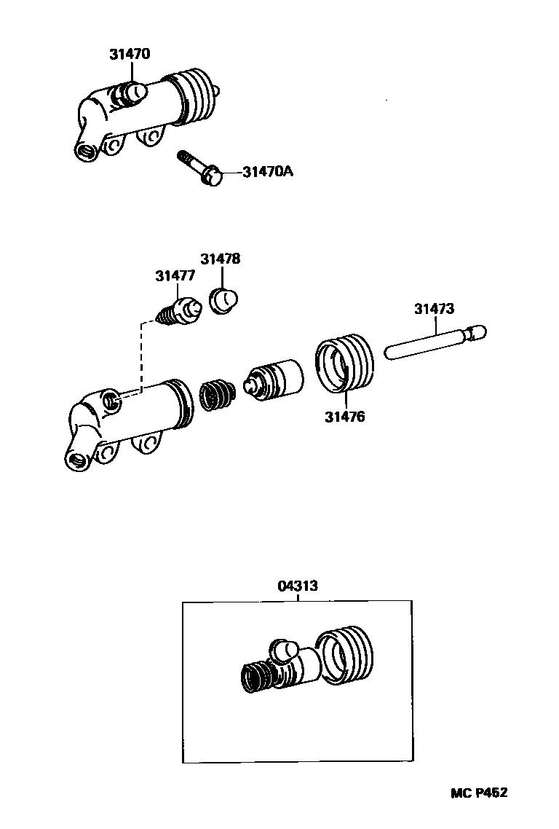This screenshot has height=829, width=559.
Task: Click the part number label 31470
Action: [130, 54]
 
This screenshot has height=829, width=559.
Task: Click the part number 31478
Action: [221, 259]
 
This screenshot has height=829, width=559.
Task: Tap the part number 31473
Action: [434, 308]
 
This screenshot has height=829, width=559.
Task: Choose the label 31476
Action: [345, 417]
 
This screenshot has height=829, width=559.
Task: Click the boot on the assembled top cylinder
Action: [193, 96]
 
